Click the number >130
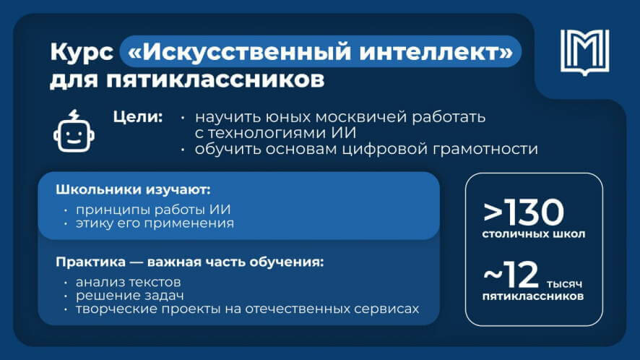pyautogui.click(x=524, y=213)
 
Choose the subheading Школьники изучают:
pyautogui.click(x=133, y=192)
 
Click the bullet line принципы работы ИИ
pyautogui.click(x=151, y=210)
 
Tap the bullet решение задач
pyautogui.click(x=123, y=295)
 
